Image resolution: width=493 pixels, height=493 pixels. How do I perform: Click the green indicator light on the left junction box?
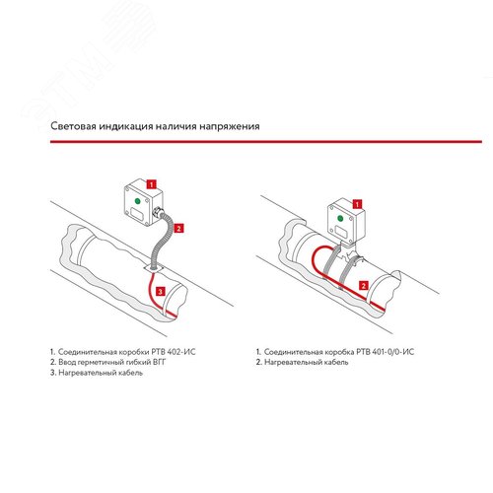point(137,201)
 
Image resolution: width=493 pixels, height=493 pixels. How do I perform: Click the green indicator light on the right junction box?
point(340,218)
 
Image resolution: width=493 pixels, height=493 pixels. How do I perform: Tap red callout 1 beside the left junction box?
point(151,184)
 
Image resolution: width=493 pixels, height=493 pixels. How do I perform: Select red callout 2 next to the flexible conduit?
point(178,229)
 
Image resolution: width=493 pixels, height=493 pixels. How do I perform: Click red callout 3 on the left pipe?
point(160,292)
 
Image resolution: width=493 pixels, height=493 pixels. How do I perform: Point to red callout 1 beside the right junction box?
point(357,204)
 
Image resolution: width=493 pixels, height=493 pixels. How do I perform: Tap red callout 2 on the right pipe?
point(363,286)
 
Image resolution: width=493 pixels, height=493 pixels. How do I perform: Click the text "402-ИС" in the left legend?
point(181,352)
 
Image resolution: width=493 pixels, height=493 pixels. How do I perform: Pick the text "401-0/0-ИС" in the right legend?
point(393,352)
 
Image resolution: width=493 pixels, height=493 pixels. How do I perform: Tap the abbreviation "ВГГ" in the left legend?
point(160,362)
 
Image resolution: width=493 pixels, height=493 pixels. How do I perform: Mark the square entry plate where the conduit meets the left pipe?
point(154,269)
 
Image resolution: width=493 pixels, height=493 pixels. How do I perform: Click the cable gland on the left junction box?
point(159,211)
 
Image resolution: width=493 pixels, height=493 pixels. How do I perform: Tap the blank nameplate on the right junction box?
point(341,232)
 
